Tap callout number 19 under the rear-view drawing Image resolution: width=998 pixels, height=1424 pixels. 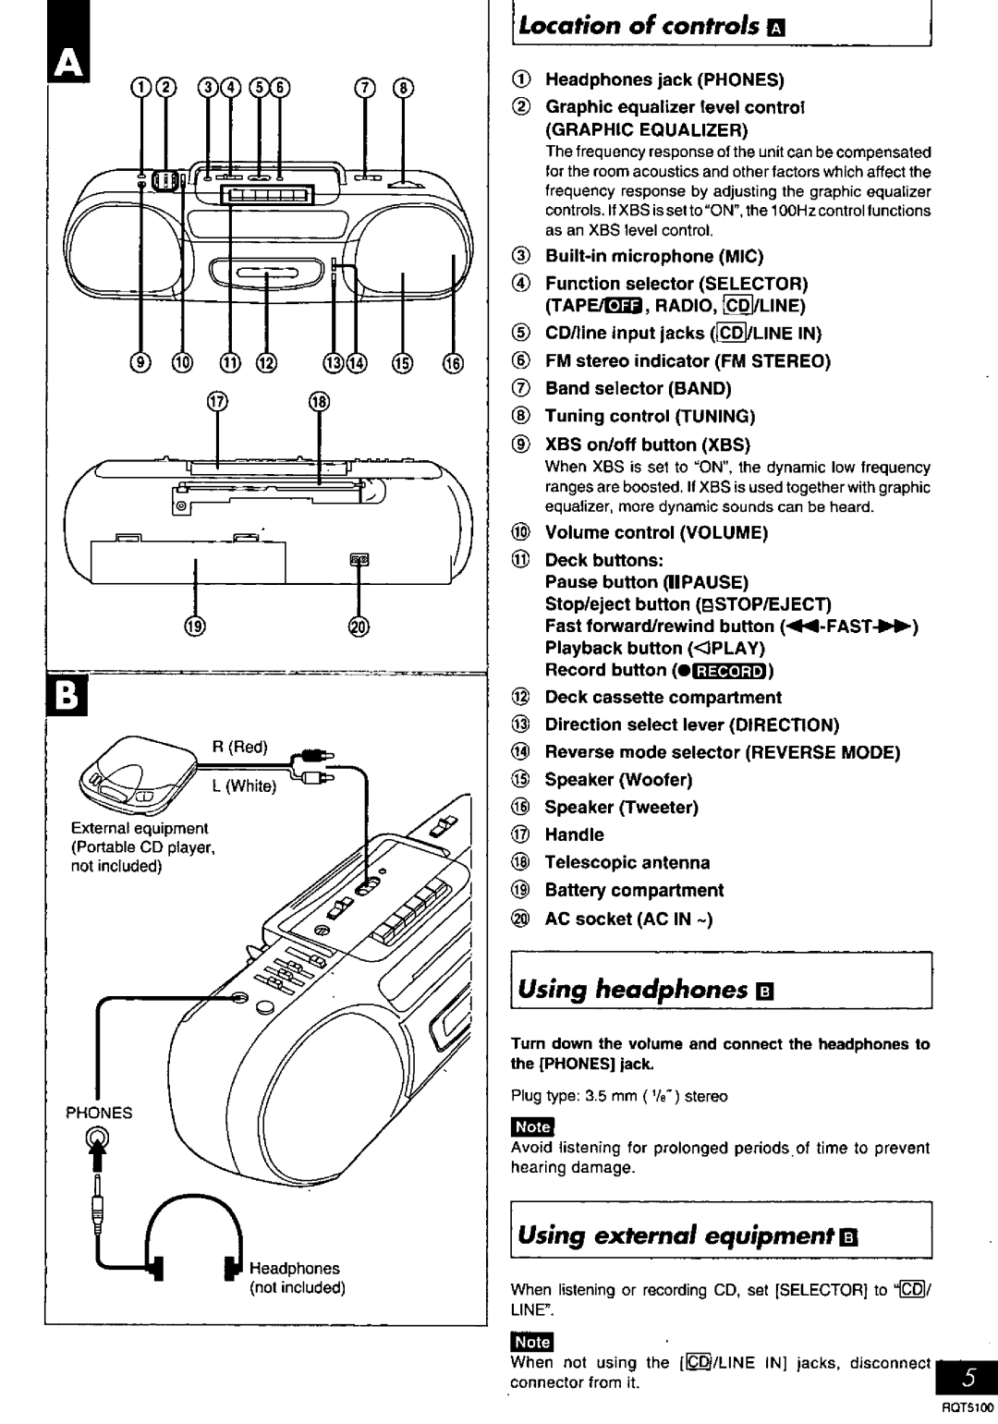pyautogui.click(x=195, y=626)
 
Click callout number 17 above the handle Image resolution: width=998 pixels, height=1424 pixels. pyautogui.click(x=218, y=403)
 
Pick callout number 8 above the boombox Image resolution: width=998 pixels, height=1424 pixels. pyautogui.click(x=403, y=88)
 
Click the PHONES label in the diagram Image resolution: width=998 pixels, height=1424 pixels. pyautogui.click(x=99, y=1113)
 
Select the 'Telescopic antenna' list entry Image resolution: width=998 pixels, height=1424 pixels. pyautogui.click(x=627, y=862)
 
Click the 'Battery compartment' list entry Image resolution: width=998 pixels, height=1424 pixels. pyautogui.click(x=634, y=890)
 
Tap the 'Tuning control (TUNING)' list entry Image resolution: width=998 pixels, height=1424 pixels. pyautogui.click(x=650, y=416)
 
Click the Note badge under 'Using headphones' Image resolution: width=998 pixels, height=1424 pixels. pyautogui.click(x=532, y=1126)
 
